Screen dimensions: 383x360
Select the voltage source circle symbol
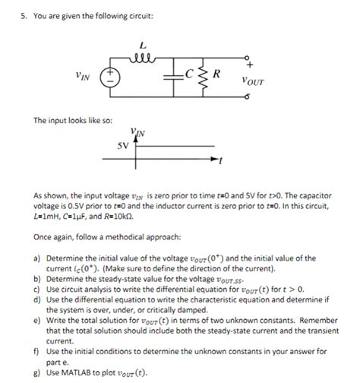coord(111,76)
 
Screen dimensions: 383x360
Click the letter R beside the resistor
coord(217,74)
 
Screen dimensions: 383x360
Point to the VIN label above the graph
coord(137,132)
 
